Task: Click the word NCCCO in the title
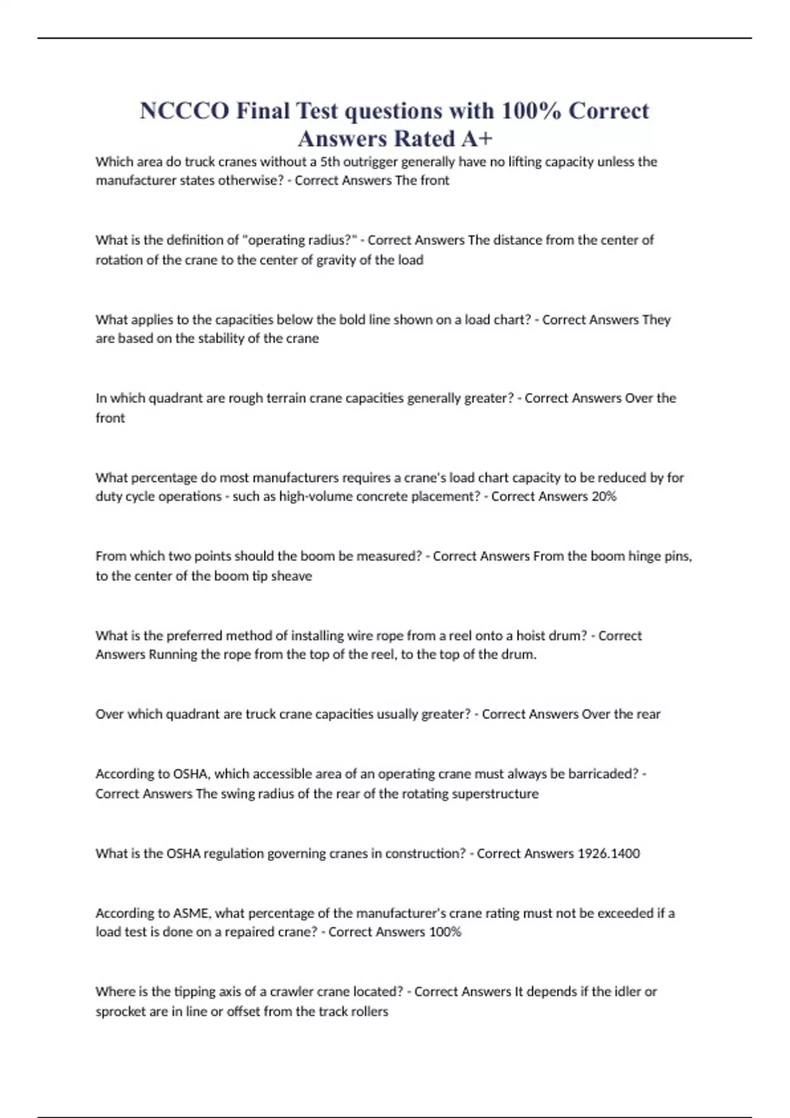[184, 110]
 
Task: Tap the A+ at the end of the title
[477, 139]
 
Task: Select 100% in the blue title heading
[530, 110]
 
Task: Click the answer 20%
[604, 497]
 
